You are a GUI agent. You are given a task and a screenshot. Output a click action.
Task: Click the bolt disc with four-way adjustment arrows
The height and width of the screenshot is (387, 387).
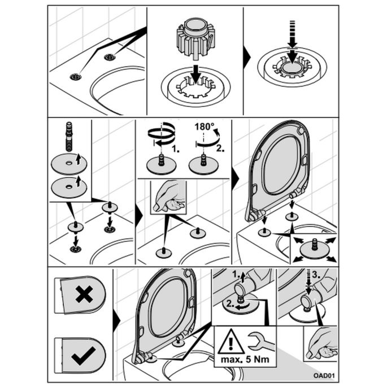pyautogui.click(x=312, y=247)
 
